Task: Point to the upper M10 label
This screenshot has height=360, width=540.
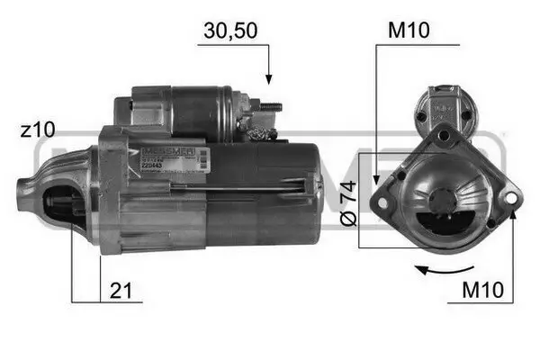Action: click(x=409, y=31)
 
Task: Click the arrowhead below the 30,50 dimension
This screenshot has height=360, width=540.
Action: click(x=268, y=79)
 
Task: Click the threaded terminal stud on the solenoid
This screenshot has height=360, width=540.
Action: click(x=272, y=107)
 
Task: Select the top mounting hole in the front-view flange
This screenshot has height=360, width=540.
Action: click(x=445, y=135)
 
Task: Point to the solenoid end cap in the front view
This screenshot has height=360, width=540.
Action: click(x=444, y=105)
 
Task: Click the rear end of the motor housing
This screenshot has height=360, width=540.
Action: click(x=310, y=193)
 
